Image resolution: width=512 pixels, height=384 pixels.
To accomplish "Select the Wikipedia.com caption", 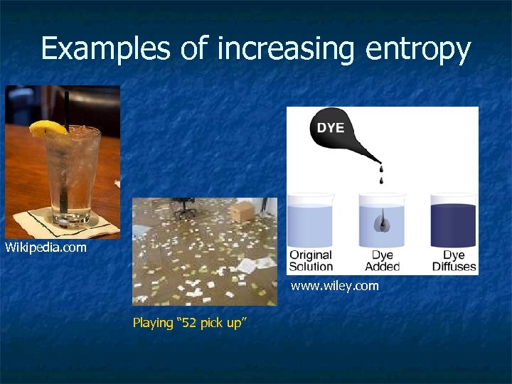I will [x=46, y=247].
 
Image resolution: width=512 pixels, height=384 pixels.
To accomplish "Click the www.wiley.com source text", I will [x=334, y=286].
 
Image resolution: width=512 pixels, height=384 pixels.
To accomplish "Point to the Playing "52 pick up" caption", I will [x=189, y=323].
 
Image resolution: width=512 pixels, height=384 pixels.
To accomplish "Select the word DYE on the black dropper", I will [x=330, y=127].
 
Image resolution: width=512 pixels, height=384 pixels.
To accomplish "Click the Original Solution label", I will [x=311, y=260].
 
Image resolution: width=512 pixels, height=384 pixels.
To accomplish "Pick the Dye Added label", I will [x=382, y=260].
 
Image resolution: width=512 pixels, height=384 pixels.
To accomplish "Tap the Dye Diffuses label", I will [x=453, y=260].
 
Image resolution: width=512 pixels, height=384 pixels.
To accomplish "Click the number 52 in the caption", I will [x=190, y=323].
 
